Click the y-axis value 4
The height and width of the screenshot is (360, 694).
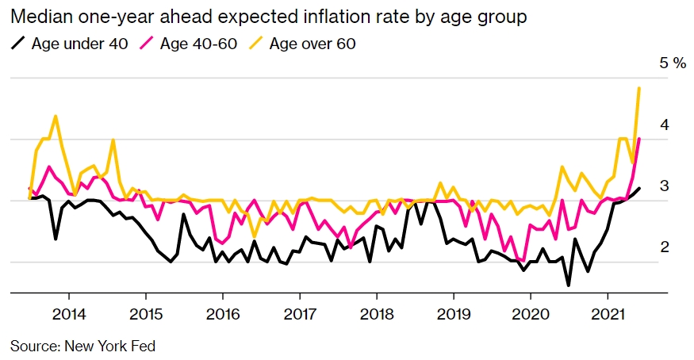[x=665, y=124]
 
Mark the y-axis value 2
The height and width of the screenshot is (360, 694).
[x=665, y=247]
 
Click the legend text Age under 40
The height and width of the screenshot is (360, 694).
[x=79, y=43]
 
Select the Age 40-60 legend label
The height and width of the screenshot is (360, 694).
[x=198, y=43]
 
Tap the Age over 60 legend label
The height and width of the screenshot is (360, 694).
[x=312, y=43]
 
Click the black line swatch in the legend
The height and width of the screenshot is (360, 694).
[x=18, y=43]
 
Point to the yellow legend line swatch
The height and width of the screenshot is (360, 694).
[x=255, y=43]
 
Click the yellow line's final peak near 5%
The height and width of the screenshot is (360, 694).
[x=639, y=88]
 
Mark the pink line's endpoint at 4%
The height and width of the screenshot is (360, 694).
[x=639, y=139]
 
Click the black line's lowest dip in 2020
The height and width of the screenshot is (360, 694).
[x=569, y=285]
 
